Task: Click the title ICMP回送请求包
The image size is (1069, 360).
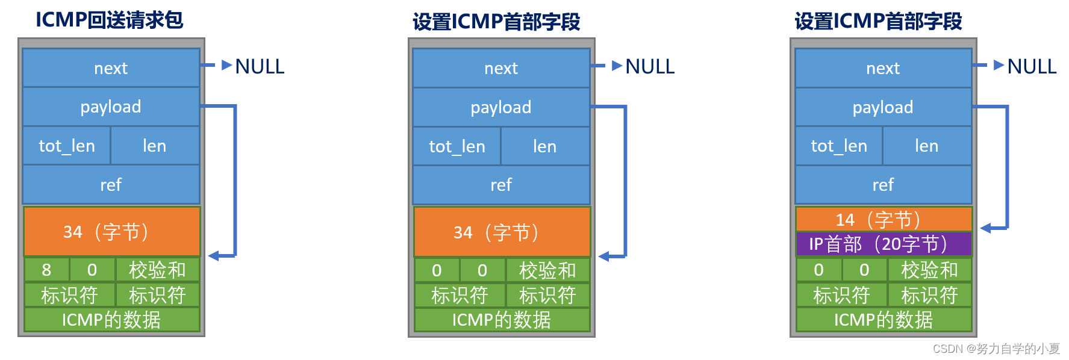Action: (109, 20)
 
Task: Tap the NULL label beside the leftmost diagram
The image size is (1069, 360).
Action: (260, 66)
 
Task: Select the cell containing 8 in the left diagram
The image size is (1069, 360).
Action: (46, 270)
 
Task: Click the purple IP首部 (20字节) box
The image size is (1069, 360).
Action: (883, 244)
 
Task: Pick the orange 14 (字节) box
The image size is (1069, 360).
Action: (883, 220)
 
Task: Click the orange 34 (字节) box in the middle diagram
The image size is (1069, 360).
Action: (502, 232)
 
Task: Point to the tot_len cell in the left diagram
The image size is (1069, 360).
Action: (67, 146)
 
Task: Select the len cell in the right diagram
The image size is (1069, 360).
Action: (926, 146)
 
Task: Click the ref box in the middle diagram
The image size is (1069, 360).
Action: (501, 185)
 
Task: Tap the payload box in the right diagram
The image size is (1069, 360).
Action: (883, 107)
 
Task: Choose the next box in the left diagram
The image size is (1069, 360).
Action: (111, 68)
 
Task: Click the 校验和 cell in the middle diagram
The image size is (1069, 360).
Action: (547, 270)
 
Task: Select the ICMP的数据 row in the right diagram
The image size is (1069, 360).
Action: (883, 320)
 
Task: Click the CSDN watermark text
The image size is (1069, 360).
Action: (996, 349)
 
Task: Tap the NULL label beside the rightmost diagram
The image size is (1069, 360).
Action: (1032, 66)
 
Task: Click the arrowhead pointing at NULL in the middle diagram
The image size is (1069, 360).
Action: (617, 66)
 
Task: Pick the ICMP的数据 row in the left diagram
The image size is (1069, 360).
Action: (111, 320)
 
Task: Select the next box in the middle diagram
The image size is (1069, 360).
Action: (501, 68)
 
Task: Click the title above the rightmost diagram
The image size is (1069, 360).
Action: (878, 22)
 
